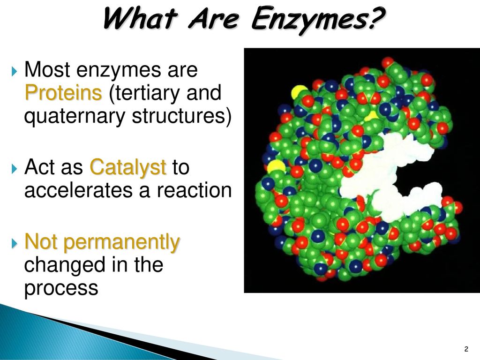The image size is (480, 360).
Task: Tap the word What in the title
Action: (x=140, y=18)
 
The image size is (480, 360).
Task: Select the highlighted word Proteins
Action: (x=63, y=92)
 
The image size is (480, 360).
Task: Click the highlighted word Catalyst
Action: (x=128, y=167)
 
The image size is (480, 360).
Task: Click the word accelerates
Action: (x=79, y=190)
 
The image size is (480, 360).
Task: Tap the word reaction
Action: (x=194, y=190)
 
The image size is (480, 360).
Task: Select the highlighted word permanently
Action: (x=121, y=242)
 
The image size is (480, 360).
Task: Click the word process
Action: (x=61, y=288)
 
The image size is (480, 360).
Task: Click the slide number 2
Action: (x=466, y=349)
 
